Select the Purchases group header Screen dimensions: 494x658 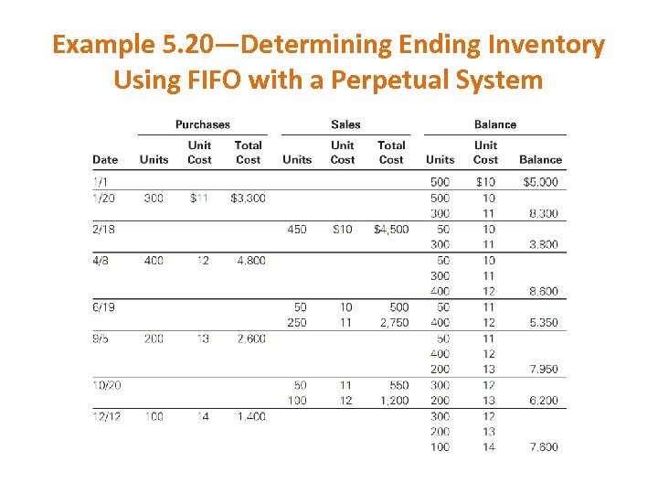pyautogui.click(x=203, y=124)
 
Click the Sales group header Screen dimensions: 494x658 pyautogui.click(x=345, y=124)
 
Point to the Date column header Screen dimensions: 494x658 pyautogui.click(x=105, y=159)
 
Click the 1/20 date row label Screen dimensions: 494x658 pyautogui.click(x=103, y=198)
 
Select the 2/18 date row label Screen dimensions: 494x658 pyautogui.click(x=103, y=230)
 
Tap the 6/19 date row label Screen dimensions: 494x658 pyautogui.click(x=103, y=306)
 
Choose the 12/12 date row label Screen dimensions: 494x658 pyautogui.click(x=107, y=416)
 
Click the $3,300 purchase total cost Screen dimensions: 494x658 pyautogui.click(x=248, y=198)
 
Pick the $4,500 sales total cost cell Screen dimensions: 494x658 pyautogui.click(x=391, y=230)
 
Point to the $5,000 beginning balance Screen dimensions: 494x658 pyautogui.click(x=540, y=182)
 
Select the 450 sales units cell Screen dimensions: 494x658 pyautogui.click(x=297, y=230)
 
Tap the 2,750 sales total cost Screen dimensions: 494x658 pyautogui.click(x=392, y=322)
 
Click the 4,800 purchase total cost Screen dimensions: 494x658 pyautogui.click(x=250, y=261)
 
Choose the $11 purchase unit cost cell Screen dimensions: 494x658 pyautogui.click(x=199, y=198)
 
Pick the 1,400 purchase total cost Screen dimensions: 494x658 pyautogui.click(x=250, y=416)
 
